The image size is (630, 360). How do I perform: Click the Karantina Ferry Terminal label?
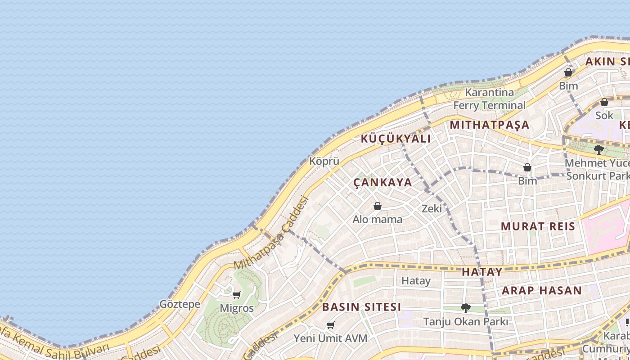click(489, 99)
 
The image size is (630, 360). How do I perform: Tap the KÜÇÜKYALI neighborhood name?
click(396, 139)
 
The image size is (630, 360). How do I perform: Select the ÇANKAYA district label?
click(382, 182)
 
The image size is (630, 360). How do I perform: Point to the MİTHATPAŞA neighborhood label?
click(489, 125)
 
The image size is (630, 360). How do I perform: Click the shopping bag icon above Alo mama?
click(378, 206)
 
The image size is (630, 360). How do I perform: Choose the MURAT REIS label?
click(538, 226)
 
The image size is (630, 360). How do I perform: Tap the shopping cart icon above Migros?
click(236, 295)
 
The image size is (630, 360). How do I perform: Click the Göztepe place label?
click(180, 304)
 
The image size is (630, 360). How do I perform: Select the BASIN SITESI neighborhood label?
click(361, 307)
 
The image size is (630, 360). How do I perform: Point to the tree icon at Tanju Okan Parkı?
click(465, 308)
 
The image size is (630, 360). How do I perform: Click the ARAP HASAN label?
click(542, 290)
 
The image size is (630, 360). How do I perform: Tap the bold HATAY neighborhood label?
click(482, 272)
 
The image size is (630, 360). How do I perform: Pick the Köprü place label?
click(324, 161)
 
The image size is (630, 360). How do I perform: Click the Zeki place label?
click(432, 208)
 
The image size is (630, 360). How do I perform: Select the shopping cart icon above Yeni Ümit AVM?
click(331, 325)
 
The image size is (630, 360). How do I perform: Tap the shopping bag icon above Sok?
click(604, 102)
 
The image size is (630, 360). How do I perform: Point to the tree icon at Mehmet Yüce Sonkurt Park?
click(598, 149)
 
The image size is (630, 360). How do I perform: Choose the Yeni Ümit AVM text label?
click(330, 338)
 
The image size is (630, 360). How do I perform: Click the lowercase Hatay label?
click(416, 281)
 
